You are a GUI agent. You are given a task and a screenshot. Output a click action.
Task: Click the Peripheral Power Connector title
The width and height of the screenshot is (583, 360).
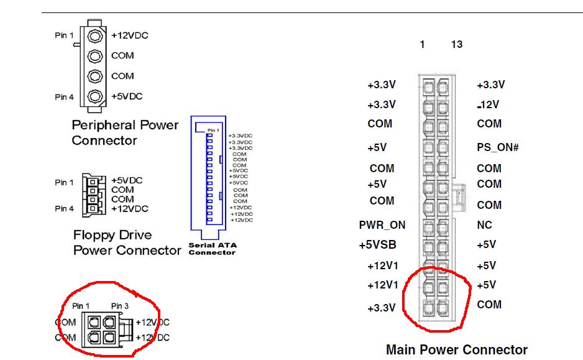[x=124, y=132]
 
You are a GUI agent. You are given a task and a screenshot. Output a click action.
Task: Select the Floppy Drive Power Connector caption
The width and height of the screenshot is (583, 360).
[x=126, y=243]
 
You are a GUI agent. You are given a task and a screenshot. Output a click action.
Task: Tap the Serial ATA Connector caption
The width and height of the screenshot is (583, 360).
[x=211, y=249]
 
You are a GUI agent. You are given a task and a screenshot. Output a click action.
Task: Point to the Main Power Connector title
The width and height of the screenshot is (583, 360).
[x=456, y=349]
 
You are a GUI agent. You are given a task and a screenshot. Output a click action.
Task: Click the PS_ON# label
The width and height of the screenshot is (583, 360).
[x=497, y=148]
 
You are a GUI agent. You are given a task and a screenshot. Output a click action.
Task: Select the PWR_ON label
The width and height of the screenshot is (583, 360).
[x=382, y=225]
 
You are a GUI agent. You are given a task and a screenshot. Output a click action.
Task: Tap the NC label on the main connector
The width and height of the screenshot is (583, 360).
[x=484, y=225]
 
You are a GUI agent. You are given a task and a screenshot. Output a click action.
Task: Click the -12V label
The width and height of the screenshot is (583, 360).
[x=488, y=104]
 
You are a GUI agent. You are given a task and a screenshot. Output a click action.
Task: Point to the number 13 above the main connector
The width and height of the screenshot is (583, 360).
[x=457, y=45]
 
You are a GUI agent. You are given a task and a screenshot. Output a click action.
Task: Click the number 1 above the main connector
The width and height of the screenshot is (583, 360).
[x=422, y=45]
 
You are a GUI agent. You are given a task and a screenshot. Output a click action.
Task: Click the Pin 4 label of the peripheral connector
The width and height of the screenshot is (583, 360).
[x=64, y=97]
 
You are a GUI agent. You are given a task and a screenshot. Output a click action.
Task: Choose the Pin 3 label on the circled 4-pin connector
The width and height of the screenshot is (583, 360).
[x=120, y=306]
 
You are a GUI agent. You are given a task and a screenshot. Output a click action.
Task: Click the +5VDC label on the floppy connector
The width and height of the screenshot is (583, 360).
[x=127, y=180]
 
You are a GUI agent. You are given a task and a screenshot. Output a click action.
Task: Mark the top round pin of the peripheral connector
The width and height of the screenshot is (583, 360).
[x=95, y=35]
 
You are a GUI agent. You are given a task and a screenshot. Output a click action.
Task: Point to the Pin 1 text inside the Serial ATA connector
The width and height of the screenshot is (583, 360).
[x=213, y=130]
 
